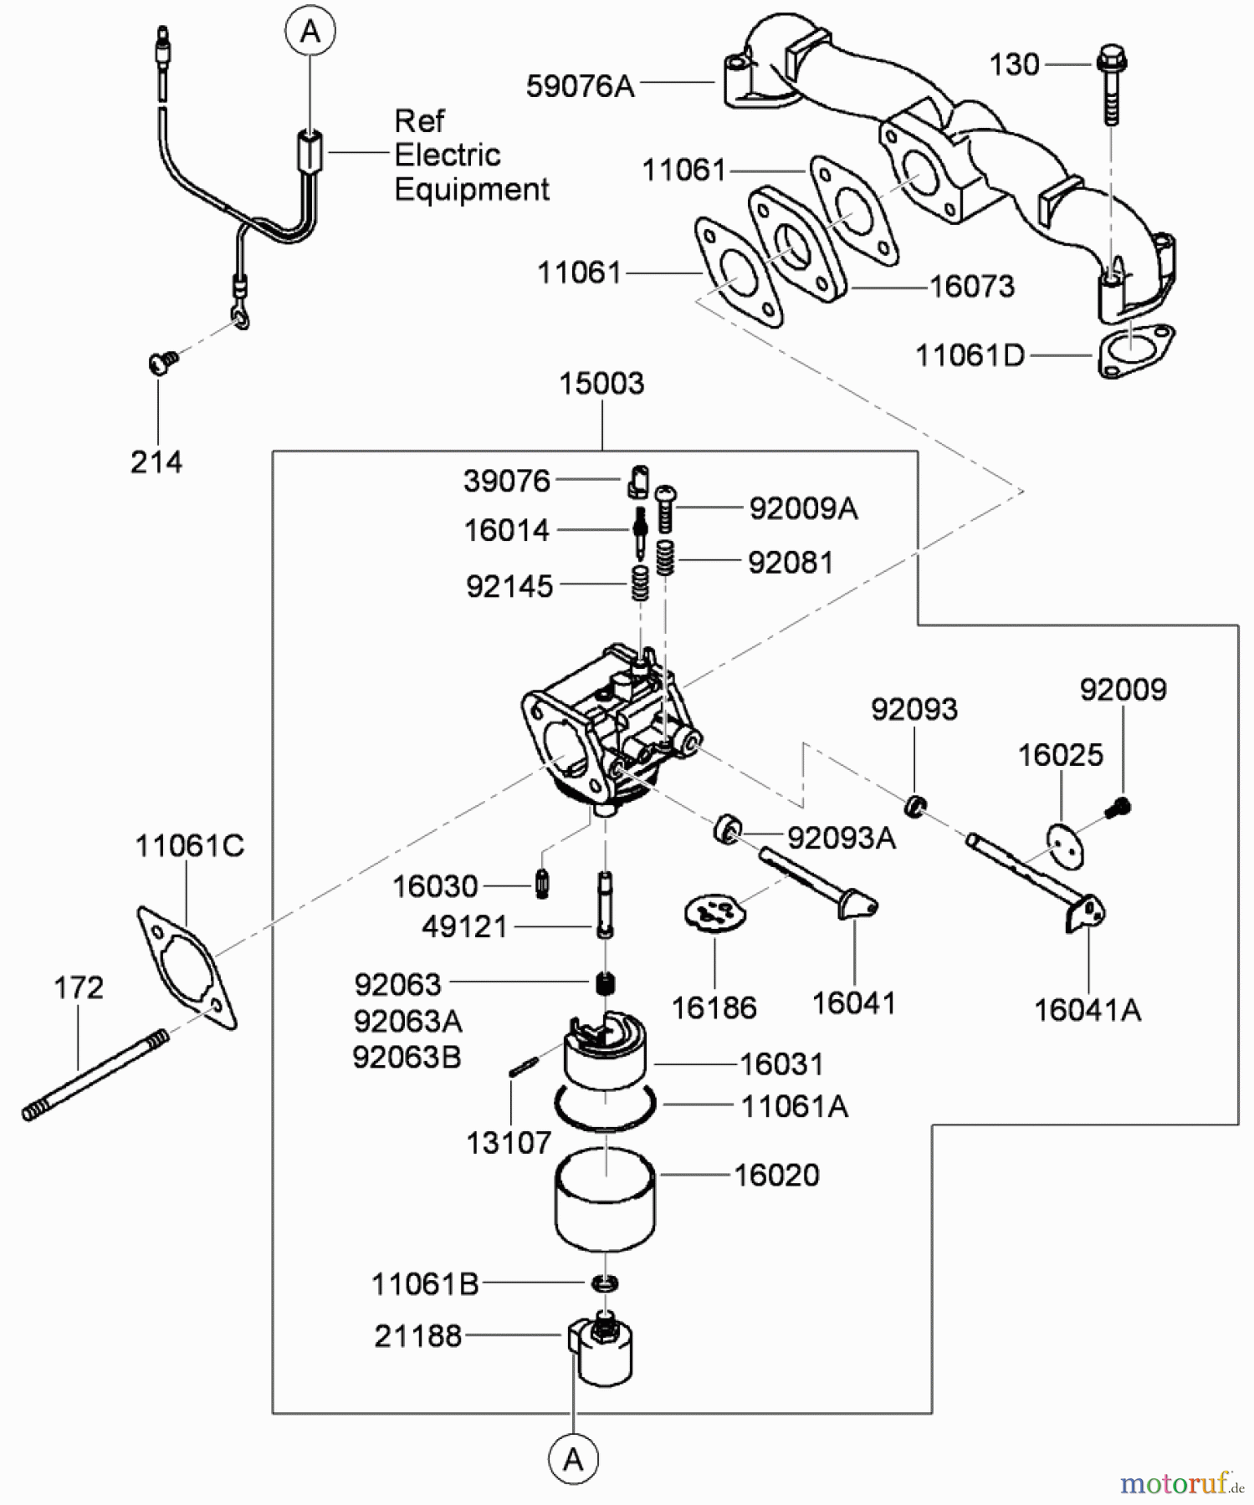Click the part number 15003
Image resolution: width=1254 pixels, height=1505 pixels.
point(601,384)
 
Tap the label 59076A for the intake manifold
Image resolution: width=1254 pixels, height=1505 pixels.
point(580,86)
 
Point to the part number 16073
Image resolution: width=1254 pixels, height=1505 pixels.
point(972,287)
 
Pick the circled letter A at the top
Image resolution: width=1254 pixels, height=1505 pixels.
point(310,32)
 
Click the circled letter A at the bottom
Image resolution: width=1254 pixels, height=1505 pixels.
point(573,1460)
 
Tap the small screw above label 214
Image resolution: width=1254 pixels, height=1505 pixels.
point(162,363)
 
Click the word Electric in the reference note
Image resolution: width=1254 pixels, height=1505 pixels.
point(447,156)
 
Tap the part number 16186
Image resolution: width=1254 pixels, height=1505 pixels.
point(714,1008)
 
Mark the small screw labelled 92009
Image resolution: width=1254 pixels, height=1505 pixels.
point(1118,808)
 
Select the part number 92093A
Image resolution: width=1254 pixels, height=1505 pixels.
point(841,838)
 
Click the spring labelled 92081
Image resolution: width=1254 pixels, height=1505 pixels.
point(665,558)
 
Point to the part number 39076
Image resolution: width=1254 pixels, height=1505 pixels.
point(507,482)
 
